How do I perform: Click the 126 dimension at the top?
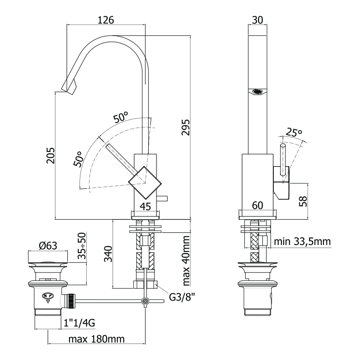click(106, 20)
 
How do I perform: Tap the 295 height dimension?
click(186, 127)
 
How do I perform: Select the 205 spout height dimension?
click(51, 155)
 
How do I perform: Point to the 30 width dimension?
click(257, 20)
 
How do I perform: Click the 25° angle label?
click(294, 132)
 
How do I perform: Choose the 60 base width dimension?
click(257, 206)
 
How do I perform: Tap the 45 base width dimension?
click(145, 206)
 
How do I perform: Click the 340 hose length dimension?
click(108, 254)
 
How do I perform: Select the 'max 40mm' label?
click(186, 260)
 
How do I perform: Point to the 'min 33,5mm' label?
click(302, 242)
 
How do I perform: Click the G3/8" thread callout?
click(182, 297)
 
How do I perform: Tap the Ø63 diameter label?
click(48, 246)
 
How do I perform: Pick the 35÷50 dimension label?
click(82, 246)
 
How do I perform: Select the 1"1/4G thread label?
click(80, 323)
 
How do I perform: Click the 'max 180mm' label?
click(96, 339)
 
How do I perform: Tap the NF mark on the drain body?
click(48, 296)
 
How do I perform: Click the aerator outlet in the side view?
click(257, 91)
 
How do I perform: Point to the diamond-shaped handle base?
click(145, 183)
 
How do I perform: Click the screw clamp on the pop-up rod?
click(145, 301)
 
